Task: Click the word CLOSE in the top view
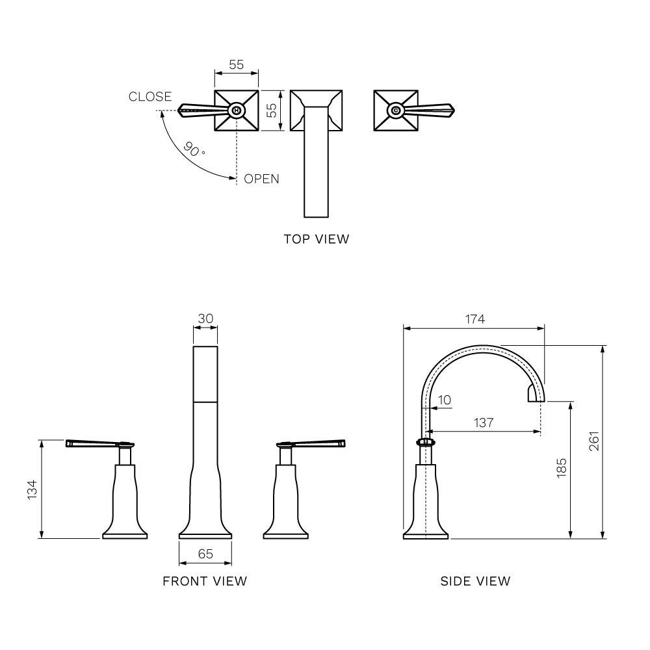[150, 97]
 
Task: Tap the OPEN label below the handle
[261, 179]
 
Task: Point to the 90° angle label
[193, 149]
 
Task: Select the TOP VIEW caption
[316, 239]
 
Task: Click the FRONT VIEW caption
[205, 581]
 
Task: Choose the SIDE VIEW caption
[475, 581]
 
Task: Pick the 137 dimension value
[484, 422]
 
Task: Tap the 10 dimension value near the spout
[445, 400]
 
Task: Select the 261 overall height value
[594, 442]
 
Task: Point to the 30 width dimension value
[205, 318]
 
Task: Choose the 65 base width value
[205, 554]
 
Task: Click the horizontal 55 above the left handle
[237, 65]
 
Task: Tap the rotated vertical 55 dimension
[274, 110]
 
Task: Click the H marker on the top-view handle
[237, 110]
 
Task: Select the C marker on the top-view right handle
[396, 110]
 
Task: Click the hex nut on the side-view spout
[426, 443]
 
